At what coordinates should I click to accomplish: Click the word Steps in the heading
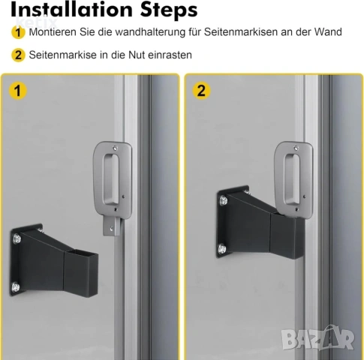(x=169, y=10)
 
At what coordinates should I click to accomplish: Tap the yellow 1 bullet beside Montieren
(x=18, y=32)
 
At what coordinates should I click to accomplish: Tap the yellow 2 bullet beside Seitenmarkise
(x=18, y=55)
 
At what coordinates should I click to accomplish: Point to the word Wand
(x=328, y=32)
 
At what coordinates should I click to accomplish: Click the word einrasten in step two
(x=170, y=55)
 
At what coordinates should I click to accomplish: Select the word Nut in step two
(x=137, y=55)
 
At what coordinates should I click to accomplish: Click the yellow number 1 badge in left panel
(x=17, y=91)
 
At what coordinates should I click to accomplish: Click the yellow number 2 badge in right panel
(x=201, y=91)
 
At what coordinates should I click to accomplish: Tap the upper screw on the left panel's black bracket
(x=17, y=238)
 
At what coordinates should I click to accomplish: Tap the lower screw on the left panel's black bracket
(x=16, y=287)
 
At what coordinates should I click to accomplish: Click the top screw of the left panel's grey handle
(x=115, y=148)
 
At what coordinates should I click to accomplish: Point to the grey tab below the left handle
(x=112, y=226)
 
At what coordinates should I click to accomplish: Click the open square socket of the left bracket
(x=81, y=273)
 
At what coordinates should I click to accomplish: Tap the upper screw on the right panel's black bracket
(x=223, y=200)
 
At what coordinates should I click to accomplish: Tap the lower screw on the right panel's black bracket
(x=222, y=249)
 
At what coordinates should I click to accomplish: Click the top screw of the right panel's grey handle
(x=296, y=148)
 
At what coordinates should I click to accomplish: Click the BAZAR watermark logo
(x=318, y=337)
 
